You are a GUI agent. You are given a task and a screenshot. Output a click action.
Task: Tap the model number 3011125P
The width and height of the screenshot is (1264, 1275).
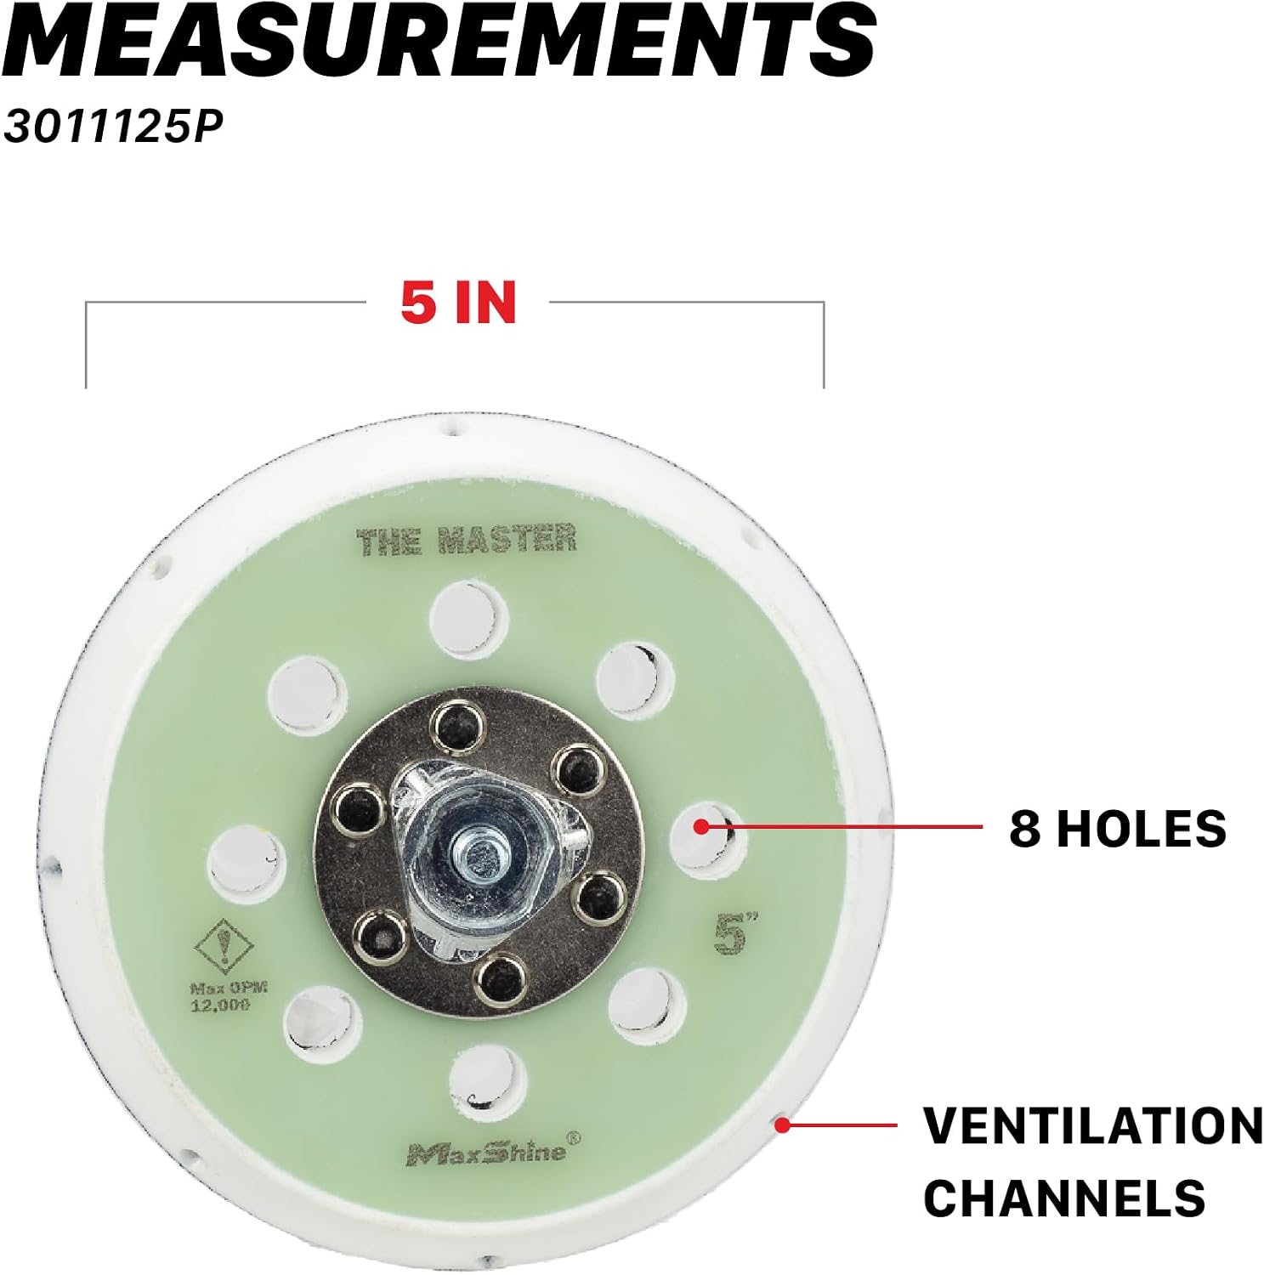point(112,127)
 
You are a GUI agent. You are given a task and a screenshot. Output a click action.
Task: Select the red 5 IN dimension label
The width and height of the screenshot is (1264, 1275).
point(458,302)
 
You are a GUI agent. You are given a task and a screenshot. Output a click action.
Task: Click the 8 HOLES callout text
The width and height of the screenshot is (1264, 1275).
point(1118,828)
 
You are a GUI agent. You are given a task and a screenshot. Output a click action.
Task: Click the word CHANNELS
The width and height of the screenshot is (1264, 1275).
point(1064,1198)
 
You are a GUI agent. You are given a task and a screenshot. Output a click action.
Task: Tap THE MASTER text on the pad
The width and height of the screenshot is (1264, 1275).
point(466,541)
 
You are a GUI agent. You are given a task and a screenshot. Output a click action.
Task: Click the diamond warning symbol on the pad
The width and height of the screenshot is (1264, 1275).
point(224,945)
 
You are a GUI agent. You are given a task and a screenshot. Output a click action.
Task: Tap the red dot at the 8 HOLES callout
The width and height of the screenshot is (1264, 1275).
point(700,825)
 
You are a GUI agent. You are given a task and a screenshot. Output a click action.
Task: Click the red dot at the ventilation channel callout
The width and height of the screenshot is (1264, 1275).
point(783,1125)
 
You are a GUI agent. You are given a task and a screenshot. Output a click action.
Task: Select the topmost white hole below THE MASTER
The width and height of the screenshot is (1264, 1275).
point(468,619)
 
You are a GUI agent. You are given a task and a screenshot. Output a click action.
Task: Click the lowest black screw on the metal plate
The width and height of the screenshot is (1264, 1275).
point(500,977)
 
